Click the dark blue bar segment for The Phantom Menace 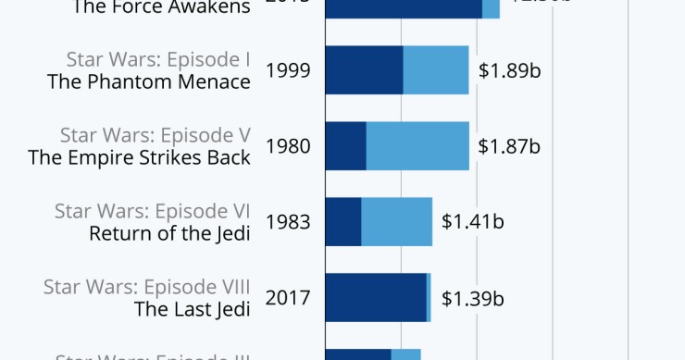[364, 69]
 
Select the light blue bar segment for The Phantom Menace [436, 69]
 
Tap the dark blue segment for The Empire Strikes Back [345, 145]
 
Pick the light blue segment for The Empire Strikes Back [417, 145]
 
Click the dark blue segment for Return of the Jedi [342, 221]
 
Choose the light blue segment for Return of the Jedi [396, 221]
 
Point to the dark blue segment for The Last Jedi [376, 297]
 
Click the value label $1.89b [509, 70]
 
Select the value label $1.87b [509, 146]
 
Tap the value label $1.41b [472, 222]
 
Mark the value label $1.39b [472, 298]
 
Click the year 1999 [288, 70]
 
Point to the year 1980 [288, 146]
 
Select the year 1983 [288, 222]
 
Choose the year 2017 [288, 298]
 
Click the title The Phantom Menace [149, 81]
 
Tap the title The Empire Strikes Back [140, 157]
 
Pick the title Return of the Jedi [169, 233]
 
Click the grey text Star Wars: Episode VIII [147, 286]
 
